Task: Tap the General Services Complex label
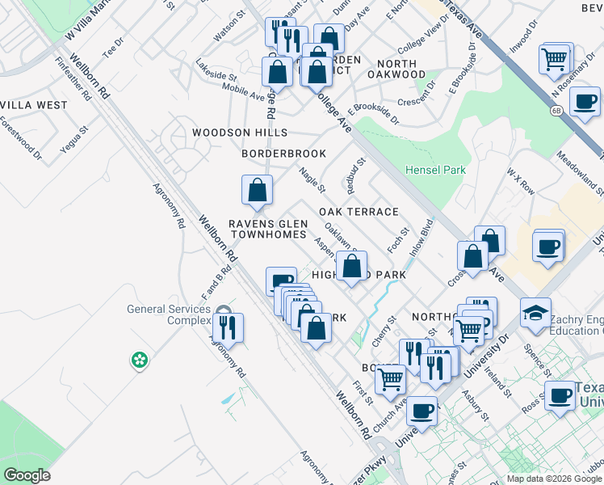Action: tap(168, 314)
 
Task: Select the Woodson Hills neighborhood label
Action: tap(239, 133)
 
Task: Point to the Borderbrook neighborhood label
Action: tap(283, 154)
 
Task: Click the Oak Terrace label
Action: tap(359, 212)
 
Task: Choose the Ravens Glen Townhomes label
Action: tap(267, 229)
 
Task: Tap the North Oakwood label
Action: tap(396, 69)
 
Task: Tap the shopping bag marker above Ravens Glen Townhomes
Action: tap(257, 190)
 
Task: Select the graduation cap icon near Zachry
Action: tap(535, 311)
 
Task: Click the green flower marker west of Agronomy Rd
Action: tap(140, 359)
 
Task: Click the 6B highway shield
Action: tap(556, 110)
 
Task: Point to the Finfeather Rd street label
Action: tap(73, 78)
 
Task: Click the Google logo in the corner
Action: tap(27, 474)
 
